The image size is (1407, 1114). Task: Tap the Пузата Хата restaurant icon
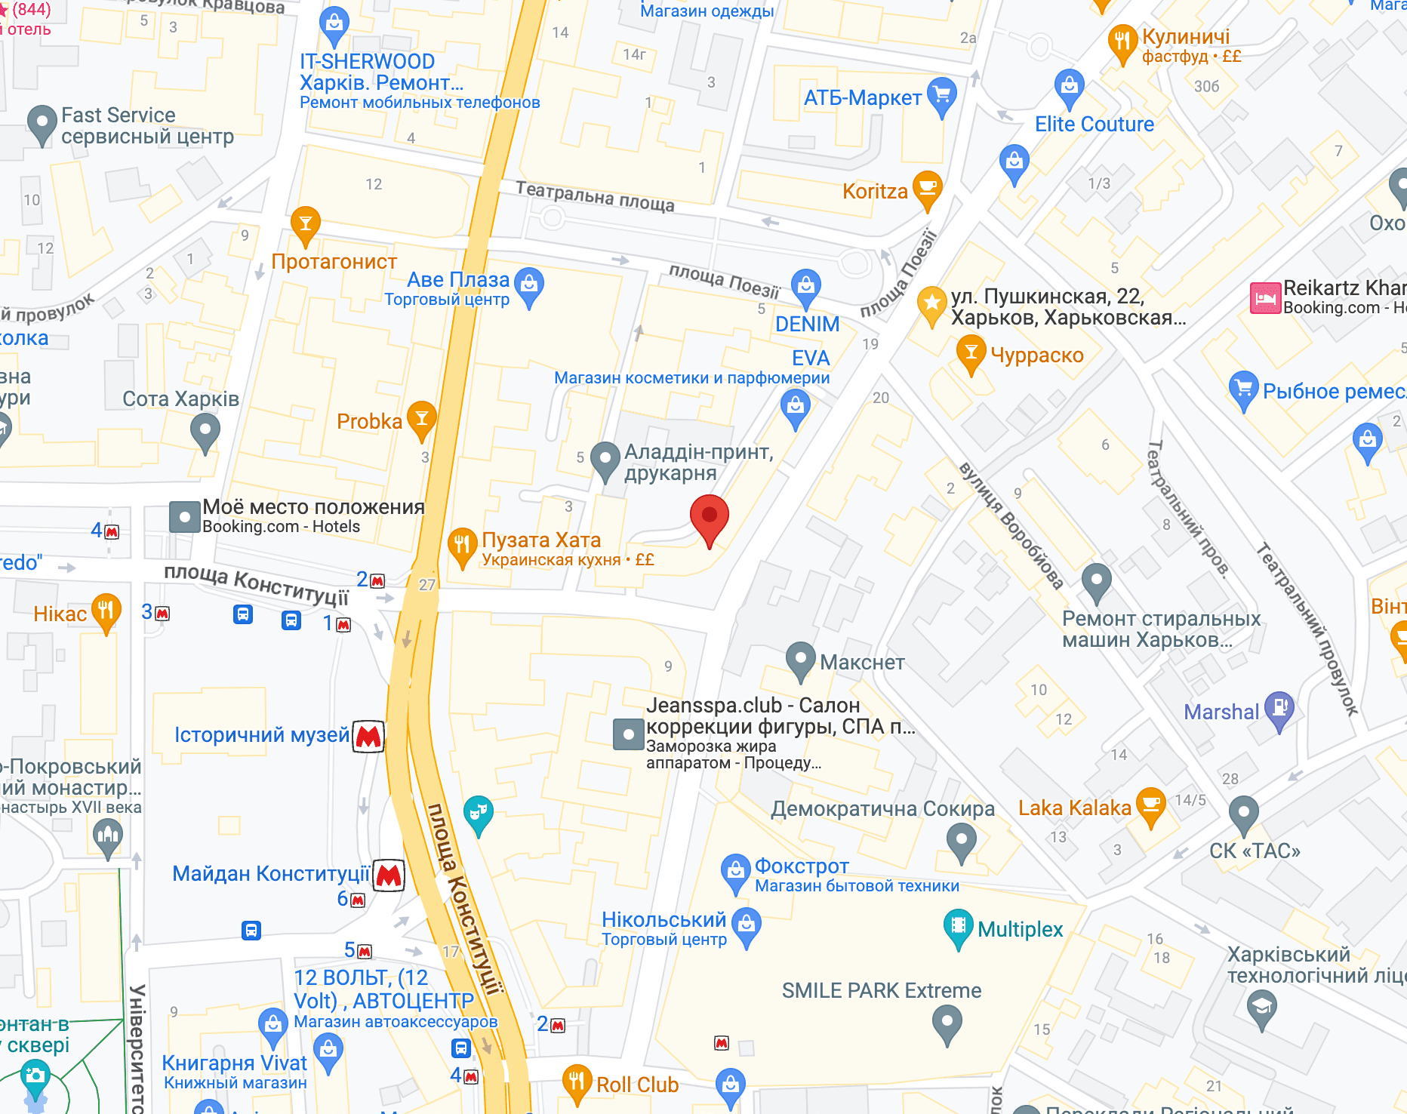462,544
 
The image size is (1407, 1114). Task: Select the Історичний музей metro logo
368,736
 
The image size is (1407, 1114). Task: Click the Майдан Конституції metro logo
389,875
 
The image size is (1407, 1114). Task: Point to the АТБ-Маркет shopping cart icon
941,95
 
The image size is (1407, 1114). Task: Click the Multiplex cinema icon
958,925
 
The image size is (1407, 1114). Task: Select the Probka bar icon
422,418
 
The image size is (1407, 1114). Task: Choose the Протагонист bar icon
306,223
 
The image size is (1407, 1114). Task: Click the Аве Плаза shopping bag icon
529,285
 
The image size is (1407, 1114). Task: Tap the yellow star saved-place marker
932,304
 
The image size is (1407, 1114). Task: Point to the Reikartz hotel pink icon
1266,298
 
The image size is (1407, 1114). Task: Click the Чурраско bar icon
971,353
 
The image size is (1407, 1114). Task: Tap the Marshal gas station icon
1279,709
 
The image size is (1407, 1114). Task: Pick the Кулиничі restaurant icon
1122,41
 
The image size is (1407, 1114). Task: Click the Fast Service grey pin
42,122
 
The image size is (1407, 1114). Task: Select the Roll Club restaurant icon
577,1081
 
